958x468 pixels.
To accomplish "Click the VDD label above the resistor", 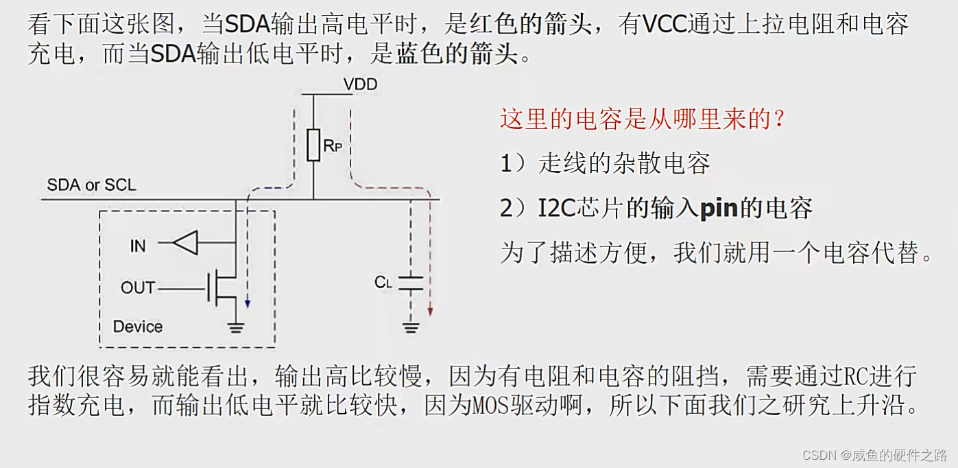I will click(x=360, y=84).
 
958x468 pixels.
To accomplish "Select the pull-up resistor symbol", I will click(x=313, y=145).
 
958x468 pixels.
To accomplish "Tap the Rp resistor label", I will click(x=333, y=145).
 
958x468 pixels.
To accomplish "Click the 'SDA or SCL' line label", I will click(x=91, y=185).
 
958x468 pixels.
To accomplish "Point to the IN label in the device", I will click(x=138, y=244).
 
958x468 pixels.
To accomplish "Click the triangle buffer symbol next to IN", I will click(x=185, y=242).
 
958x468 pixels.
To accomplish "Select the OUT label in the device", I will click(x=138, y=288).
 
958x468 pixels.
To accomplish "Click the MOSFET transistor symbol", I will click(x=223, y=288).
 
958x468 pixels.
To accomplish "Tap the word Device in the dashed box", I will click(x=138, y=327).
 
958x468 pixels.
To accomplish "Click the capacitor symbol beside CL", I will click(x=411, y=283).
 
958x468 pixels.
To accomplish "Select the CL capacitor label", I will click(x=383, y=282).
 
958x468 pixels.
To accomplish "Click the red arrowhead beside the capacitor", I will click(x=430, y=311).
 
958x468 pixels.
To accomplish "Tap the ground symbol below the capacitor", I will click(x=411, y=327).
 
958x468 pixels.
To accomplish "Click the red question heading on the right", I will click(x=643, y=119).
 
